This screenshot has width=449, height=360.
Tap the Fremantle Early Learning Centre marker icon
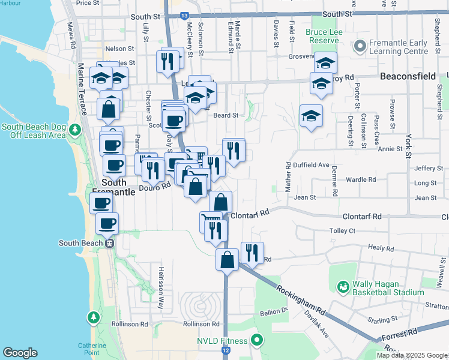[x=360, y=46]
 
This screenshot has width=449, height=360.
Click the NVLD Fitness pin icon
[x=258, y=341]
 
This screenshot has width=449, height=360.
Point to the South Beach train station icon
[x=110, y=243]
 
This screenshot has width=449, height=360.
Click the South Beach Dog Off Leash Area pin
[x=74, y=130]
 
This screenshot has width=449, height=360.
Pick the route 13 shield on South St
[x=183, y=14]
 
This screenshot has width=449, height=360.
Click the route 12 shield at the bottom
[x=226, y=349]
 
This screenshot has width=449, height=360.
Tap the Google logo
[x=20, y=353]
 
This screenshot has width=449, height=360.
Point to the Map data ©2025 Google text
[x=412, y=355]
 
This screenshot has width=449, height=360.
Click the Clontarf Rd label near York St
[x=362, y=216]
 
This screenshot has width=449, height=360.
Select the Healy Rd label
[x=381, y=248]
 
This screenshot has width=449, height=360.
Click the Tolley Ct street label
[x=343, y=230]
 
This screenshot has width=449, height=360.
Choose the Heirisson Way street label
[x=160, y=287]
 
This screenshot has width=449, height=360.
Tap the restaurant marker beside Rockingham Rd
[x=252, y=251]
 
